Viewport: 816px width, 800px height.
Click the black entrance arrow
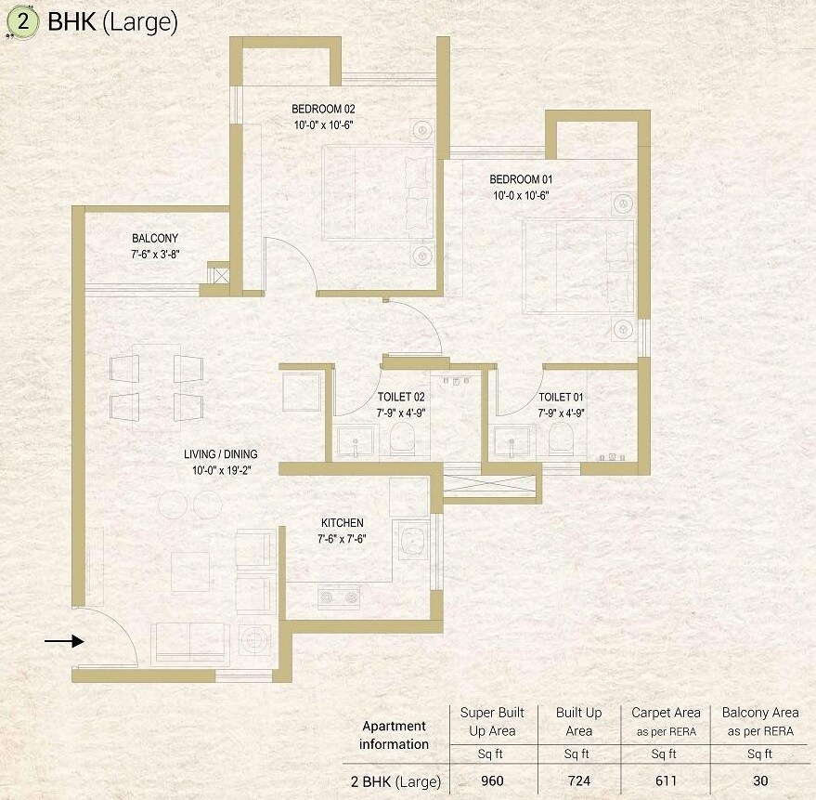click(x=64, y=640)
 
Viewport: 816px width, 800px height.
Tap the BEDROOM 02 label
click(x=322, y=109)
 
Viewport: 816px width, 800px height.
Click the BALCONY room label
click(x=155, y=238)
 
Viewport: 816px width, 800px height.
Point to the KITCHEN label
click(x=342, y=523)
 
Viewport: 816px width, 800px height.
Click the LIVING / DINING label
click(x=220, y=454)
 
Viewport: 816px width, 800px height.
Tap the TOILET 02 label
click(x=401, y=397)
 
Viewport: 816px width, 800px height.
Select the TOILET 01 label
click(x=562, y=397)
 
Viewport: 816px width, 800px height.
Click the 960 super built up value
click(x=492, y=781)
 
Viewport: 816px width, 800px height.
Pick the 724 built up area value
click(x=578, y=781)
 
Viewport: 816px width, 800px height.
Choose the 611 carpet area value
click(x=665, y=781)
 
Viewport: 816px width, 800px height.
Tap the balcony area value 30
click(x=759, y=781)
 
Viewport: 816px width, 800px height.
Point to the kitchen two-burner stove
click(x=338, y=597)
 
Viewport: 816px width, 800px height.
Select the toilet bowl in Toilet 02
click(x=403, y=440)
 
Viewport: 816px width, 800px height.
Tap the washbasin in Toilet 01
click(x=513, y=441)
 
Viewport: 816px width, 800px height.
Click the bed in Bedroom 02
click(x=377, y=193)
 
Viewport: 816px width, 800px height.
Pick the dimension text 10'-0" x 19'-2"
click(x=220, y=469)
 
